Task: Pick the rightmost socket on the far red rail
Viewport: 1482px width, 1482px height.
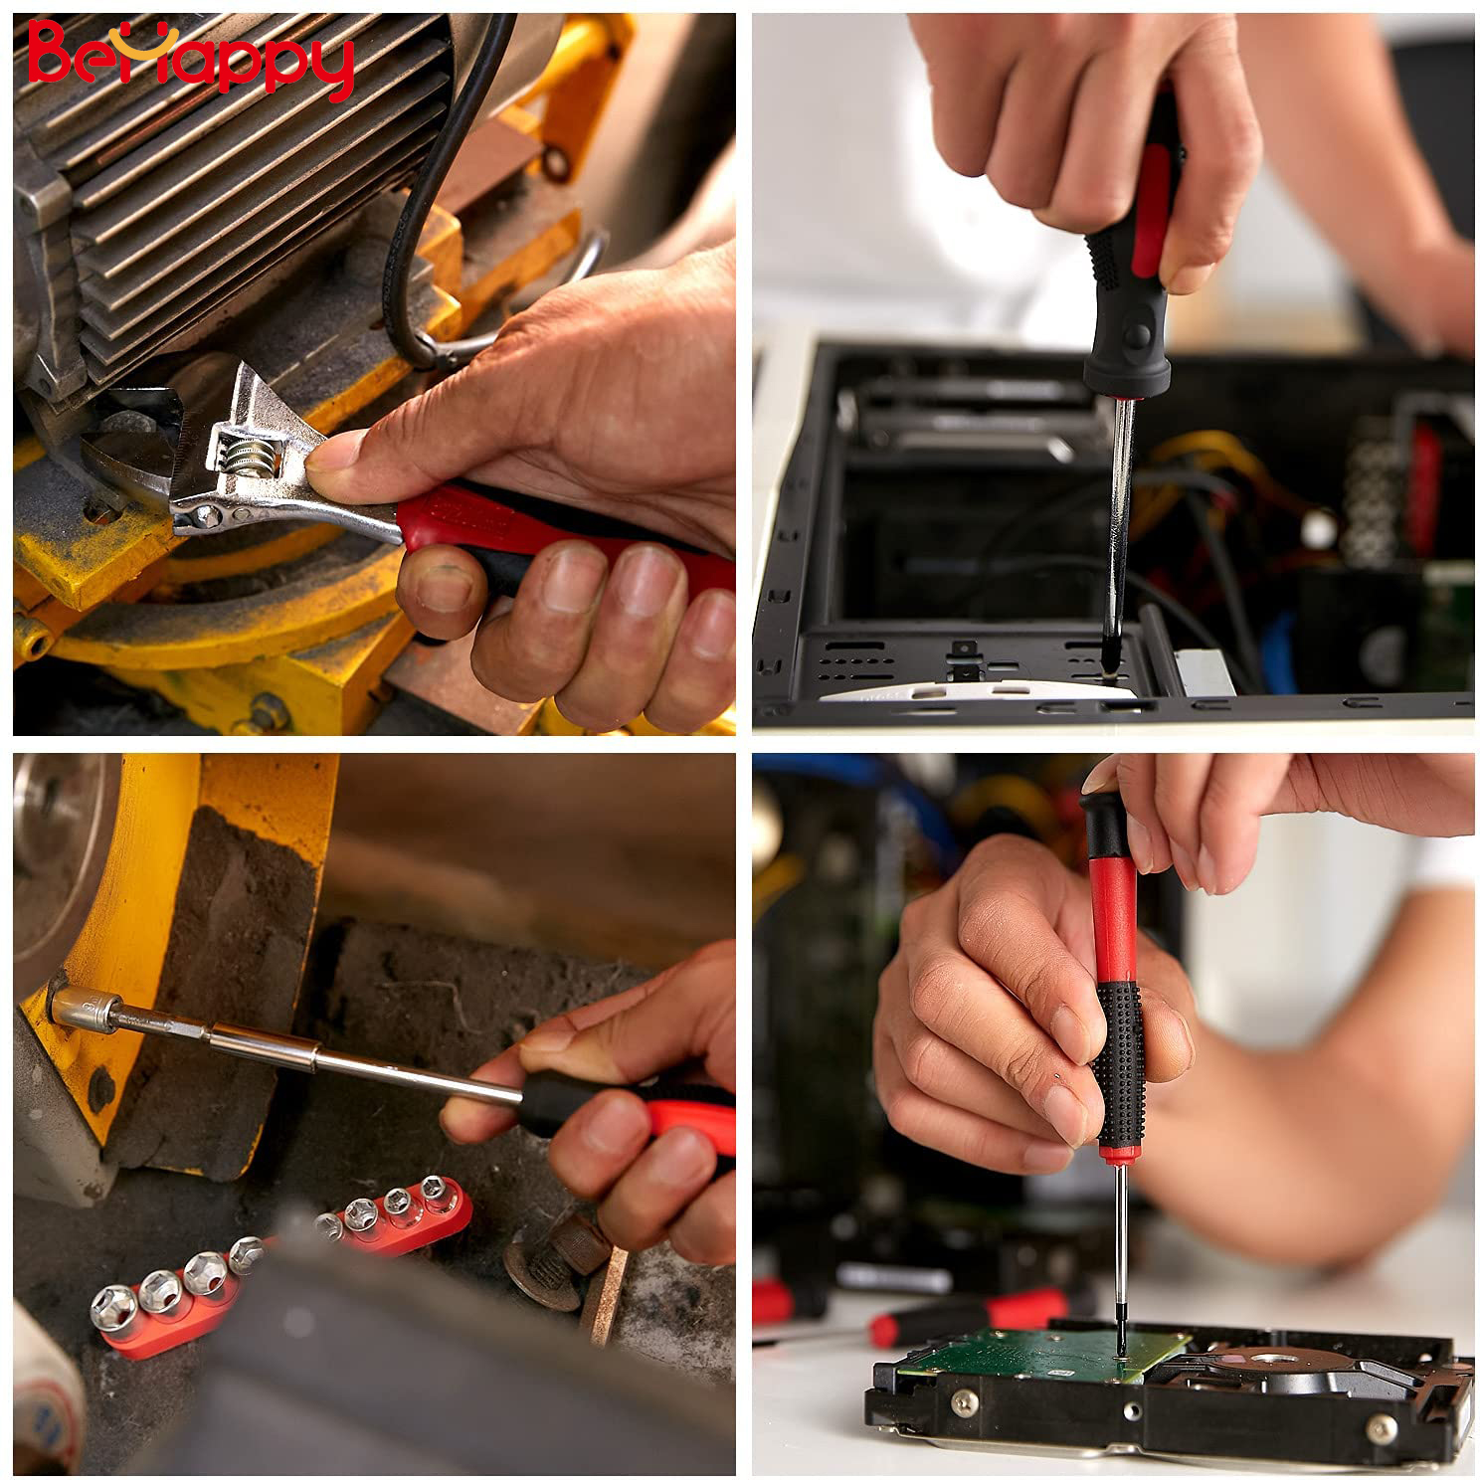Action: click(436, 1190)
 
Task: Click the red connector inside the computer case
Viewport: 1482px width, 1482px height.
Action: click(1424, 487)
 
